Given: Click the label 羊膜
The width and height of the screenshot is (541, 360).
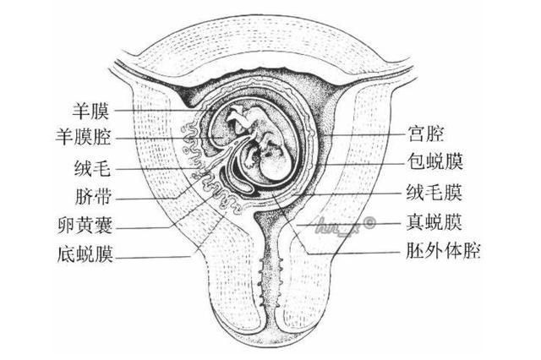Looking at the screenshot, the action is (90, 111).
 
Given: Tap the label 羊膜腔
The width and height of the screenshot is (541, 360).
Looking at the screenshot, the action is (83, 137).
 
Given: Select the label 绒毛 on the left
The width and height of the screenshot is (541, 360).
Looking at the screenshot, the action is (92, 168).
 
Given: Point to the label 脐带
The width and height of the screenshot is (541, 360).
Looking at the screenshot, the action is (93, 197).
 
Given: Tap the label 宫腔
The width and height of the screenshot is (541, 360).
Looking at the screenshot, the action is (425, 134).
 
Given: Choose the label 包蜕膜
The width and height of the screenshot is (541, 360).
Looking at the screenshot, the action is (434, 161).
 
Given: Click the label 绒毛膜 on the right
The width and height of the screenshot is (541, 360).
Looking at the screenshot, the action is (434, 192).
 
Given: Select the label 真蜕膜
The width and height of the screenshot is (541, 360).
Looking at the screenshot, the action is (434, 221).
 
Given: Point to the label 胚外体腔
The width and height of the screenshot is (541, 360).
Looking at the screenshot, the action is (443, 251).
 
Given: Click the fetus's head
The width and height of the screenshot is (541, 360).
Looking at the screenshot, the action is (274, 166).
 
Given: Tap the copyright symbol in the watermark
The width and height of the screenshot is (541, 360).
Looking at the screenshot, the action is (369, 223).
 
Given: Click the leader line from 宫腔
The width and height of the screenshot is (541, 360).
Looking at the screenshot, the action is (365, 135).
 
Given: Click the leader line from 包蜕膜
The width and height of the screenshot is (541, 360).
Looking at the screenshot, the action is (360, 164).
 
